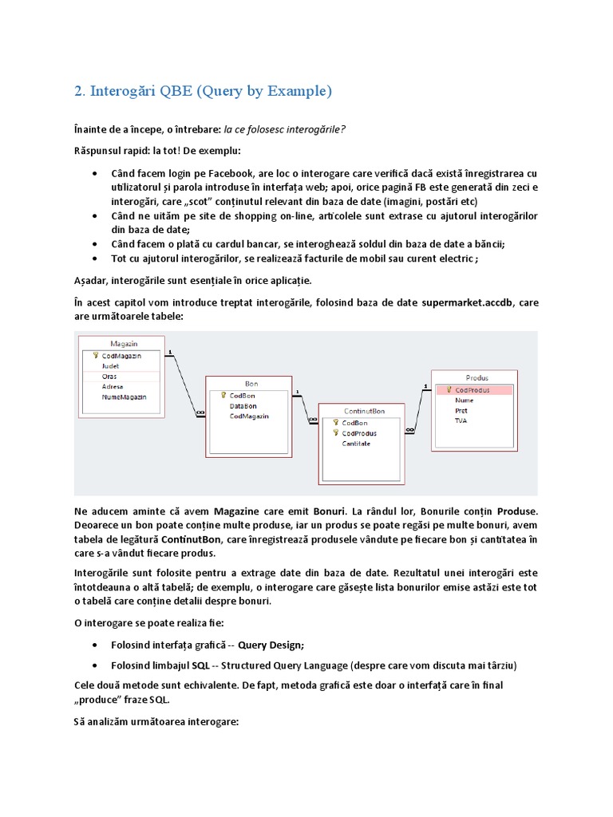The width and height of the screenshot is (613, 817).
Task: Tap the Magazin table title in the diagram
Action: [x=124, y=343]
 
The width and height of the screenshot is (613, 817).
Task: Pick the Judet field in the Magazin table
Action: [x=110, y=365]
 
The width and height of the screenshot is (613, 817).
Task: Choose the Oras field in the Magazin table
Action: [x=109, y=376]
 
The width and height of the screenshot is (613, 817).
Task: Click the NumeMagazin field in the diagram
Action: [x=125, y=397]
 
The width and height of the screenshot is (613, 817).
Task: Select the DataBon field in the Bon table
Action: [x=243, y=405]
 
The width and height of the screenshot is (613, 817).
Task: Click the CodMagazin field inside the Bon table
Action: [x=249, y=416]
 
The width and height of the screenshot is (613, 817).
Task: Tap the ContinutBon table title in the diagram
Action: [x=364, y=411]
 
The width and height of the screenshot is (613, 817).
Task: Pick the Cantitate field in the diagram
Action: [x=356, y=444]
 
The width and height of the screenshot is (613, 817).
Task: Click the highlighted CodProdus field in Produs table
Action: [x=472, y=390]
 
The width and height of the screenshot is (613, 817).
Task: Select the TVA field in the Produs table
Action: [x=461, y=420]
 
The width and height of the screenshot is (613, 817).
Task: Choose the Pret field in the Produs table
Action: [x=461, y=410]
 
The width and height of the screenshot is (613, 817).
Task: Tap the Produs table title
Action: [x=477, y=377]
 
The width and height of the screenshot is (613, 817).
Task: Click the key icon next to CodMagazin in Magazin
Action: [x=95, y=355]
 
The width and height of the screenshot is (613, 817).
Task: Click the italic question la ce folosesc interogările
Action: [x=279, y=130]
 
